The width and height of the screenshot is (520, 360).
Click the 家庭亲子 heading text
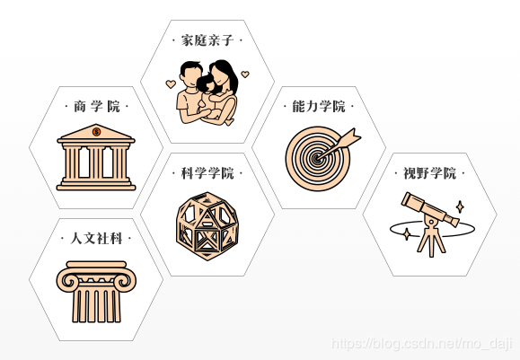click(207, 40)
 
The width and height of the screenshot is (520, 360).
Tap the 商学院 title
click(96, 107)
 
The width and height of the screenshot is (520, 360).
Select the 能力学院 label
click(318, 107)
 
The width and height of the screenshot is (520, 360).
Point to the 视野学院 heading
click(429, 173)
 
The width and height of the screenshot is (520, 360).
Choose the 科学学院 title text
click(207, 173)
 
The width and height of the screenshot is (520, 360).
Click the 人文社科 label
click(96, 238)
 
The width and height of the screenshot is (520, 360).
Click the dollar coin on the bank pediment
click(96, 132)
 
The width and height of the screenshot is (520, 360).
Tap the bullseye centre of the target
click(317, 159)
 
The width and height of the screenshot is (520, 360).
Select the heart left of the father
click(171, 83)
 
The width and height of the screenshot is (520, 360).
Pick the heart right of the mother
click(245, 75)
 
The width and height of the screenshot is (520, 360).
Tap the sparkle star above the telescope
click(460, 206)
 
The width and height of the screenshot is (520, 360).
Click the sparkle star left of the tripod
click(406, 234)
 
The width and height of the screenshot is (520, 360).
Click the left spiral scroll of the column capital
click(69, 280)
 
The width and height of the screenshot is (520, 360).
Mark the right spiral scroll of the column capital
click(123, 280)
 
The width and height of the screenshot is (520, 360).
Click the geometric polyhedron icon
click(207, 226)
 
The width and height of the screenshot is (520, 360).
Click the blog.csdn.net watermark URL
click(422, 344)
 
